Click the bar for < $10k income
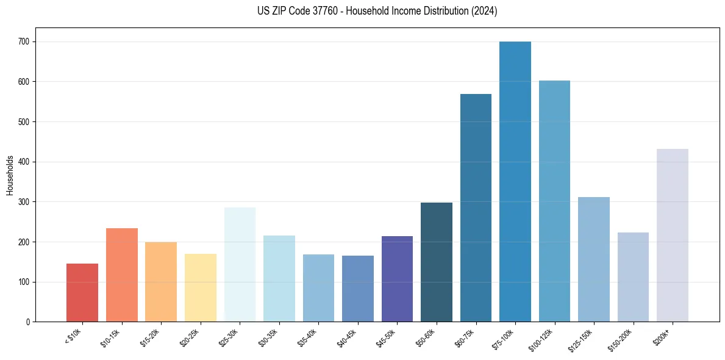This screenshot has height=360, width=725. (82, 293)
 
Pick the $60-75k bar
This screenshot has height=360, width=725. (476, 208)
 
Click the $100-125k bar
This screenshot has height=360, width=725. (554, 201)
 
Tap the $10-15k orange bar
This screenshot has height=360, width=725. (122, 275)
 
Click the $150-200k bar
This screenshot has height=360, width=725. (633, 277)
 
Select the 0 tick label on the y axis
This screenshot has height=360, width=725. (29, 322)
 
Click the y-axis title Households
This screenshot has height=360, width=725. (10, 175)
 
